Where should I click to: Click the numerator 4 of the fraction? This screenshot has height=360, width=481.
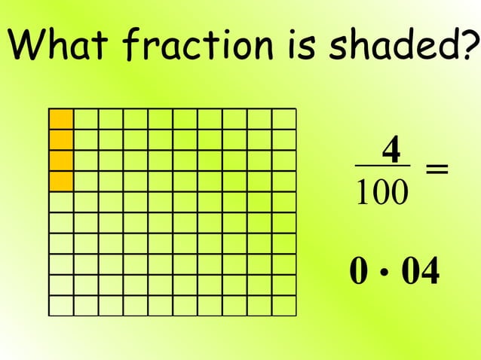pyautogui.click(x=391, y=149)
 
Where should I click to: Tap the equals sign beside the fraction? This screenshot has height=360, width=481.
pyautogui.click(x=437, y=170)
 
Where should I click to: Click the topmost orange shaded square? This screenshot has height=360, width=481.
pyautogui.click(x=61, y=119)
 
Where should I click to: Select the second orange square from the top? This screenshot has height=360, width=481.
pyautogui.click(x=61, y=139)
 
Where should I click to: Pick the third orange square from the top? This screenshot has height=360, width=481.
pyautogui.click(x=61, y=160)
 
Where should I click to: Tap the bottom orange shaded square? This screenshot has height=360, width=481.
pyautogui.click(x=61, y=181)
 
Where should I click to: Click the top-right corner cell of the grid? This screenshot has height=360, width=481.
pyautogui.click(x=284, y=119)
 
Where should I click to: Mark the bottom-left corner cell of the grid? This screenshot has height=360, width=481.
pyautogui.click(x=61, y=305)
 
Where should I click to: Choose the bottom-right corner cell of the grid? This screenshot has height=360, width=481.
pyautogui.click(x=284, y=305)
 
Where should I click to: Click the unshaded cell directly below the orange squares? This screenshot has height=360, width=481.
pyautogui.click(x=61, y=202)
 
